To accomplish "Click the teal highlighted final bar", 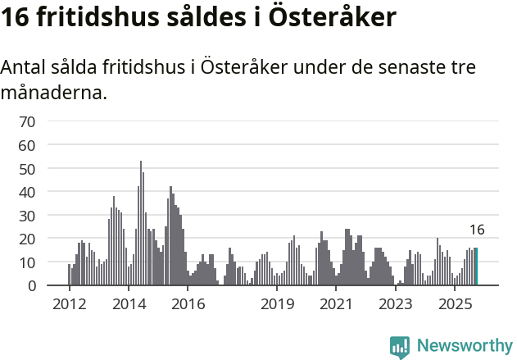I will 477,267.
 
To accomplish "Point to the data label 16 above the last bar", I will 477,230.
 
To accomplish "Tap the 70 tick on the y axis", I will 27,121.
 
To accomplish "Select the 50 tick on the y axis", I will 27,168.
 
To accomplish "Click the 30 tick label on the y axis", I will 27,215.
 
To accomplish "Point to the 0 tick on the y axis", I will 31,285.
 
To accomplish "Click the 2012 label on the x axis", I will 69,304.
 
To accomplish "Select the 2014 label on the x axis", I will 129,304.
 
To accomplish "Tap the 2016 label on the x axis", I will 188,304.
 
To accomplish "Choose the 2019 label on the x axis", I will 278,304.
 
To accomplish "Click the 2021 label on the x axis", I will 336,304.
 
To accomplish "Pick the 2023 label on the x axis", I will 396,304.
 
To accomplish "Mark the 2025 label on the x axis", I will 455,304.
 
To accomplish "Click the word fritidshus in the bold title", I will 96,18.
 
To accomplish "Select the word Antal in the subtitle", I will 25,67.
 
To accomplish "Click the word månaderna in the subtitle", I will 53,93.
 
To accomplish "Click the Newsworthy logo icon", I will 400,346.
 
